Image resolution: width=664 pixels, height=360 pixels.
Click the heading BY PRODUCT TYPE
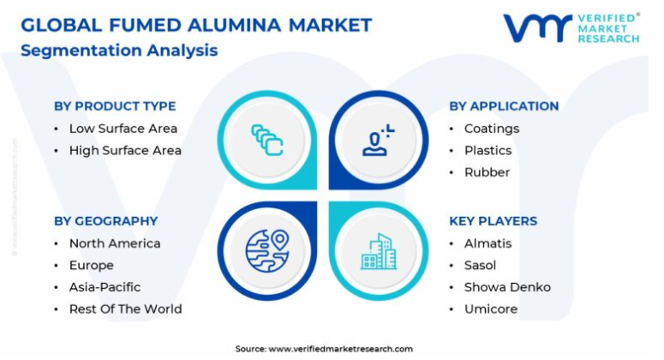(x=115, y=106)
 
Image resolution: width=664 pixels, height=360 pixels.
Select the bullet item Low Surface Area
(x=123, y=129)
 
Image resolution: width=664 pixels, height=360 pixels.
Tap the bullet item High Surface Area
(x=125, y=150)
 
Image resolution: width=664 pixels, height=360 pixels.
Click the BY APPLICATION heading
(x=504, y=106)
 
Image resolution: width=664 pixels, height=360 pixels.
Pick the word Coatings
(x=492, y=129)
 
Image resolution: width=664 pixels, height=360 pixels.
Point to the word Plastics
(x=488, y=150)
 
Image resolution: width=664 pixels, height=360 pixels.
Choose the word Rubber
(x=487, y=172)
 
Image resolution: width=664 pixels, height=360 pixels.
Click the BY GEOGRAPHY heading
(x=106, y=221)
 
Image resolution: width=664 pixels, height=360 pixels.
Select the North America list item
(x=115, y=243)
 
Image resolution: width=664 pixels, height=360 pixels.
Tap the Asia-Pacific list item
(x=105, y=287)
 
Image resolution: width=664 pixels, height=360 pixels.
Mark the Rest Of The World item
(x=126, y=309)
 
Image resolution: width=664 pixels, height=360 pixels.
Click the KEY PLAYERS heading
(x=493, y=221)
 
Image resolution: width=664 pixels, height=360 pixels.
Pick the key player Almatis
(x=488, y=243)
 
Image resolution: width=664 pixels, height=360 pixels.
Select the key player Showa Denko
(x=507, y=287)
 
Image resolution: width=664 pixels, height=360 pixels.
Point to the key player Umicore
(x=491, y=309)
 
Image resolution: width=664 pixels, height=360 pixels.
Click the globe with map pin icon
(x=267, y=251)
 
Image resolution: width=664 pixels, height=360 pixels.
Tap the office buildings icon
(x=379, y=251)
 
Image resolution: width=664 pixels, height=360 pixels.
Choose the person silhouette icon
(x=378, y=141)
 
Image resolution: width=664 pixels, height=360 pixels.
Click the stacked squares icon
(x=267, y=140)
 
